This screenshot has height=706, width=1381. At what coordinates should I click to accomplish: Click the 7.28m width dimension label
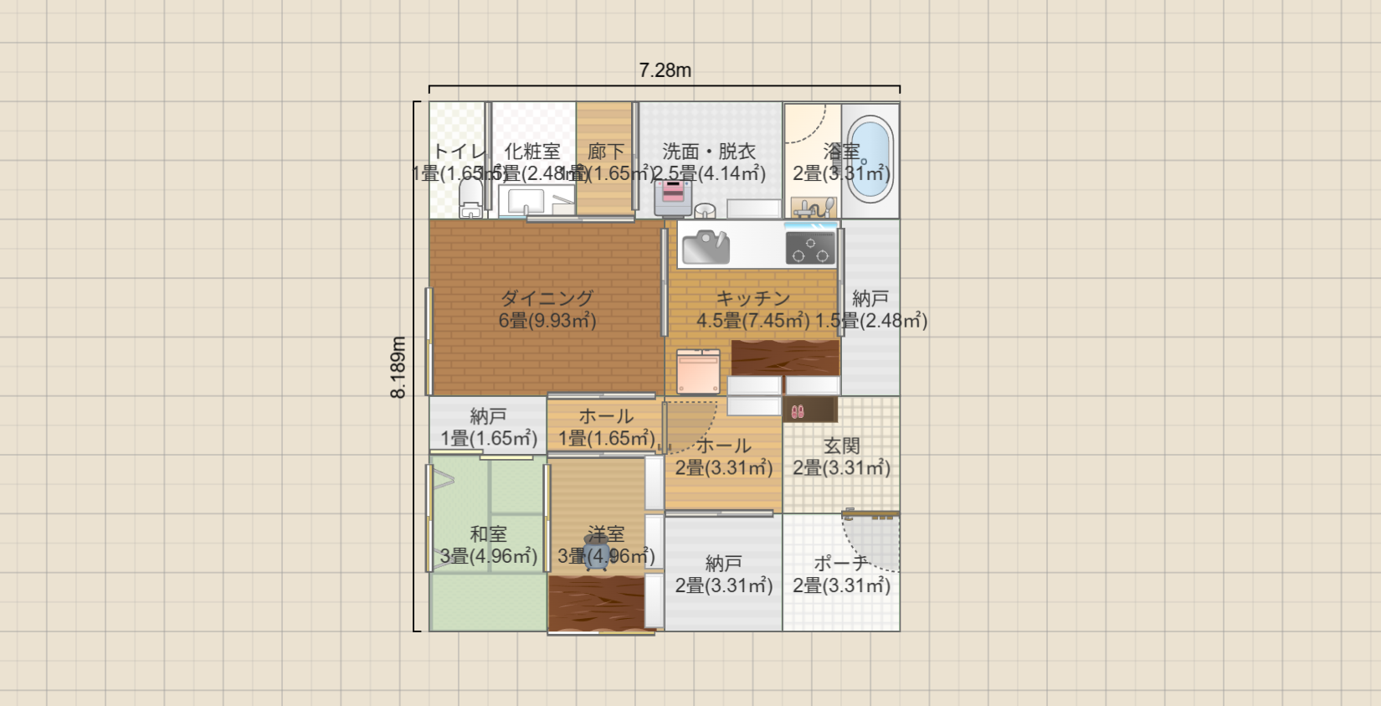tap(665, 70)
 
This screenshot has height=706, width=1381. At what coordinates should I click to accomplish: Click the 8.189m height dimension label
tap(398, 367)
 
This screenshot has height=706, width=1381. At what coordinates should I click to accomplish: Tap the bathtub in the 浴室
tap(870, 157)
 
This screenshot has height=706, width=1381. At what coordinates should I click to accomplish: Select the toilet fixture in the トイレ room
tap(470, 198)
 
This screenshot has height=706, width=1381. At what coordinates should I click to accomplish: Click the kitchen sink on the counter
tap(706, 247)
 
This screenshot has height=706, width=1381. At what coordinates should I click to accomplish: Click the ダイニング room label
tap(547, 298)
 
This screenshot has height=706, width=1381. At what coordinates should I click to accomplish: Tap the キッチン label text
tap(752, 298)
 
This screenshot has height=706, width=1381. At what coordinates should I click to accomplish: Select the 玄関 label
tap(841, 446)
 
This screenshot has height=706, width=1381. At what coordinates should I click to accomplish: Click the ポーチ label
tap(841, 564)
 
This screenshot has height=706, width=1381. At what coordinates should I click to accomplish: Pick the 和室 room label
tap(488, 533)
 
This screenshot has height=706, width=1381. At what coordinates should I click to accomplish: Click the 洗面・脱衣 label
tap(709, 152)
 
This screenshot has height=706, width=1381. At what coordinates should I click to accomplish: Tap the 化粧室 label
tap(532, 152)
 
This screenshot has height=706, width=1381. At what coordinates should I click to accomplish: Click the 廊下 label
tap(606, 152)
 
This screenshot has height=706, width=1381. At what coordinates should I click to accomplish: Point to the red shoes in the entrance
tap(798, 411)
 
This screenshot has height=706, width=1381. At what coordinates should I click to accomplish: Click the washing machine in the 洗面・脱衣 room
tap(673, 198)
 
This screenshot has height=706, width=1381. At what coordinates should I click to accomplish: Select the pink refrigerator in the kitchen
tap(698, 372)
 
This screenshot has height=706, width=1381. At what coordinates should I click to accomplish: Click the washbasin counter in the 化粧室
tap(536, 202)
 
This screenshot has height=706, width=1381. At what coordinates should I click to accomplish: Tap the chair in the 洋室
tap(597, 554)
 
